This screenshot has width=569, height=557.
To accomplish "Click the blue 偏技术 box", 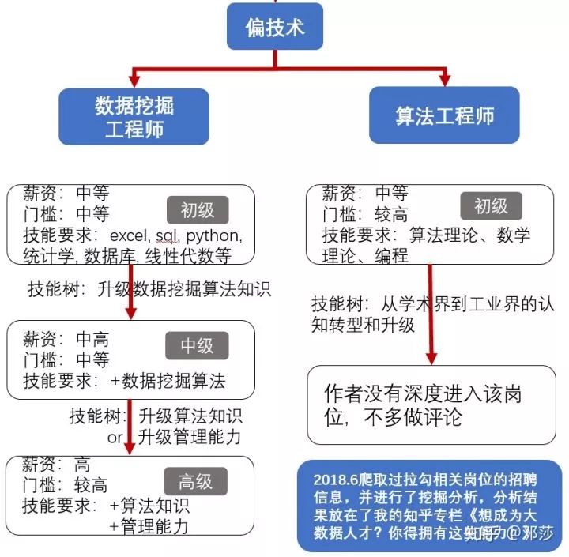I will tap(275, 28).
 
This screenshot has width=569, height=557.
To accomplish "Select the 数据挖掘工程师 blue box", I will tap(134, 116).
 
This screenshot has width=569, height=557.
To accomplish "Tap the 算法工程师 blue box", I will tap(444, 115).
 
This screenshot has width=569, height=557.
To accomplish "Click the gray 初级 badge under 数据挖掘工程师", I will tap(197, 210).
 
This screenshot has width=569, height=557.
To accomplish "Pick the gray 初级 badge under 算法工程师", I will tap(491, 206).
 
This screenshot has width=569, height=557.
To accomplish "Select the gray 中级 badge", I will tap(197, 345).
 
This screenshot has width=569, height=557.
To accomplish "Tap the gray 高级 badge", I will tap(195, 481).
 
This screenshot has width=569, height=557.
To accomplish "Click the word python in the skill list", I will tap(213, 235).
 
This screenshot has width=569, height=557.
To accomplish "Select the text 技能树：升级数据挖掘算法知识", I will tap(148, 289).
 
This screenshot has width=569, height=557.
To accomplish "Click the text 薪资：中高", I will tap(66, 340).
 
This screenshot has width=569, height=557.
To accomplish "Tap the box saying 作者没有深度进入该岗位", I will tap(431, 405).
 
